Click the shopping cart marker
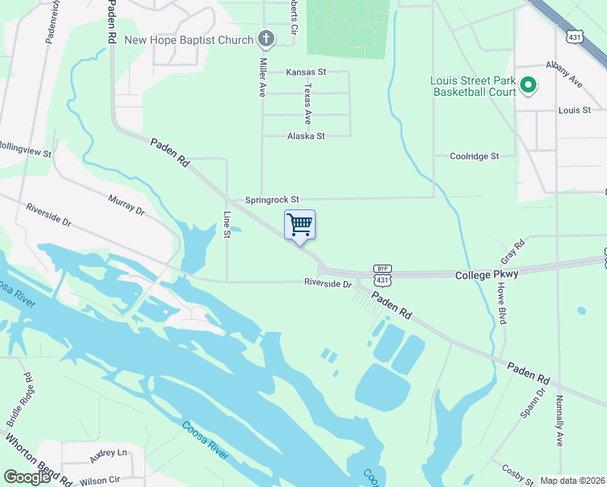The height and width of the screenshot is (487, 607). pyautogui.click(x=299, y=225)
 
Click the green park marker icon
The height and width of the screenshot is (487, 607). pyautogui.click(x=527, y=84)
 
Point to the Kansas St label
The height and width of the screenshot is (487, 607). pyautogui.click(x=306, y=72)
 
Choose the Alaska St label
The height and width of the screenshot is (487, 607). pyautogui.click(x=306, y=136)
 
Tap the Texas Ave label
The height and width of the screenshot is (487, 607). pyautogui.click(x=308, y=99)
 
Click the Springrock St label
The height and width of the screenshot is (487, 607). pyautogui.click(x=273, y=200)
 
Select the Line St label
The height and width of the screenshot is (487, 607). pyautogui.click(x=227, y=225)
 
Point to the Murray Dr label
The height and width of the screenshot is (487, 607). pyautogui.click(x=127, y=204)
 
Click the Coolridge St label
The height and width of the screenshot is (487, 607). pyautogui.click(x=474, y=156)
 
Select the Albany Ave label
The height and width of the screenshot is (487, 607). pyautogui.click(x=565, y=80)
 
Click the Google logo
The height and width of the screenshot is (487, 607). pyautogui.click(x=27, y=478)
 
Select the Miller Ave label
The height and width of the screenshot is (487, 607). pyautogui.click(x=263, y=78)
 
